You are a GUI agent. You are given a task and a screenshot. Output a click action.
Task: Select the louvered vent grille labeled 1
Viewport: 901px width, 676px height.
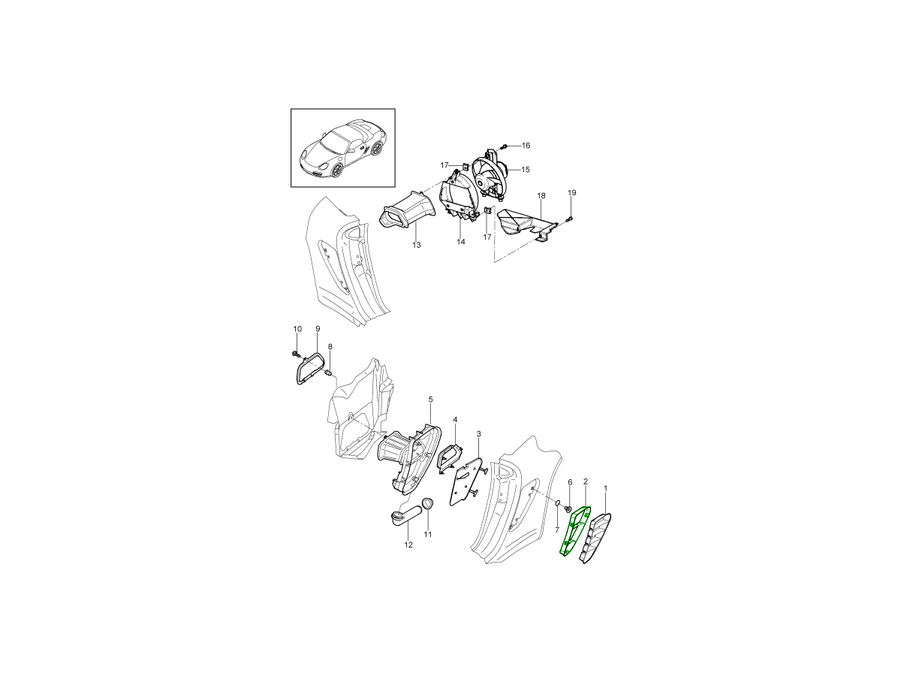pos(595,538)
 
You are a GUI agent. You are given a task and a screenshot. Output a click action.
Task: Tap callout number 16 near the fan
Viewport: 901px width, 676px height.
pos(526,145)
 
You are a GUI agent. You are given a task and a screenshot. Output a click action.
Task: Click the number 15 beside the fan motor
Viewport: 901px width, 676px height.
pos(526,170)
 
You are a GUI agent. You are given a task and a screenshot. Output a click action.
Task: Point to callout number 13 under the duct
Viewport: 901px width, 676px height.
pos(416,245)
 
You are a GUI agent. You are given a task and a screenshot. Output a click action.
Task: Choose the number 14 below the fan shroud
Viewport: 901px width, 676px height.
pos(460,242)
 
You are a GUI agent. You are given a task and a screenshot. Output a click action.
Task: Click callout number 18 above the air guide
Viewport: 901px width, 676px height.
pos(541,196)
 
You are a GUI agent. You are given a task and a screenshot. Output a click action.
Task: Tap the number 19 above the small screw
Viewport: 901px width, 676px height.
pos(572,192)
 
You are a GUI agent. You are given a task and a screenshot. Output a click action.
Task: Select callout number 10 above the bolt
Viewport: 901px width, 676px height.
pos(297,329)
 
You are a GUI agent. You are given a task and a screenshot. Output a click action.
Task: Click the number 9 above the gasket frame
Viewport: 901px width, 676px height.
pos(318,328)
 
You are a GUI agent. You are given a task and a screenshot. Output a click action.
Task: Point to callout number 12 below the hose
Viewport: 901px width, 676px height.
pos(408,545)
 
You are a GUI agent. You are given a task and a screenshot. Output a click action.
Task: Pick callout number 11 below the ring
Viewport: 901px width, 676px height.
pos(428,534)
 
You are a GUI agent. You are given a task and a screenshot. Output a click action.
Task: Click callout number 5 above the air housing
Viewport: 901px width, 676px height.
pos(430,399)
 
